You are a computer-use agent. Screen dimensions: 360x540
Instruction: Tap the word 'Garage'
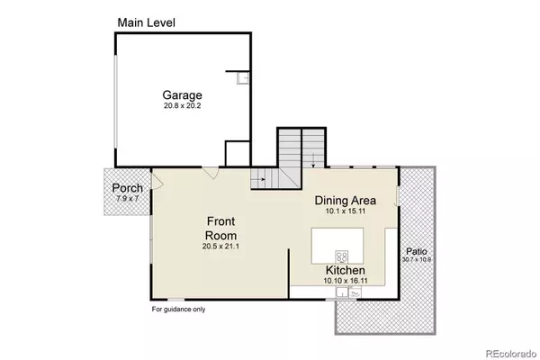(183, 95)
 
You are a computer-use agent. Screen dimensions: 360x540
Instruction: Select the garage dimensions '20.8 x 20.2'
(183, 106)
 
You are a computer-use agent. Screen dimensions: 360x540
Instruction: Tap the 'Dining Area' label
(344, 200)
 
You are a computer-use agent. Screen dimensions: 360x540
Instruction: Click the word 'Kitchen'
(345, 269)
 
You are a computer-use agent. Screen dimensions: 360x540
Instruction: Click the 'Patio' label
(417, 251)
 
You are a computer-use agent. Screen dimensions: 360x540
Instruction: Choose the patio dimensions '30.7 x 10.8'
(417, 260)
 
